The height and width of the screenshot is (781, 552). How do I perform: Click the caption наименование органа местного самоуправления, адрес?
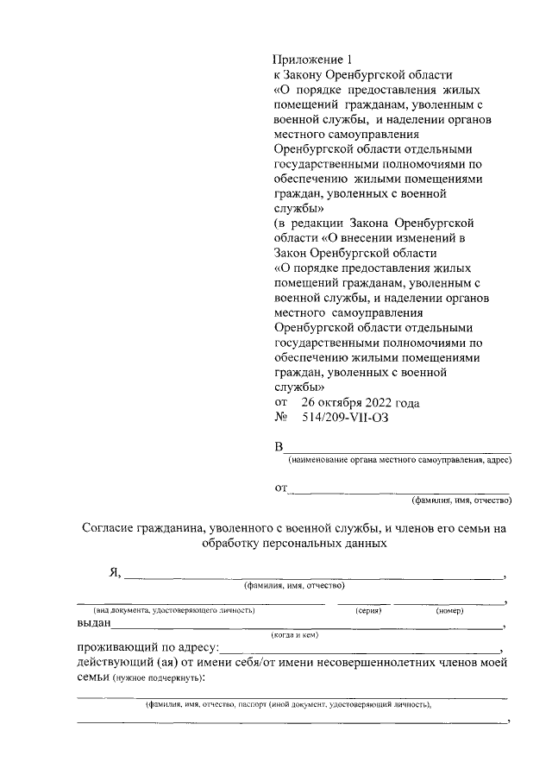400,461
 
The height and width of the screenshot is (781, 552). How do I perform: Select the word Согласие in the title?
113,528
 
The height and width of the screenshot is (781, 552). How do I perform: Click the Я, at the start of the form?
115,573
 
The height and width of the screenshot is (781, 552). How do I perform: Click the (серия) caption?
368,610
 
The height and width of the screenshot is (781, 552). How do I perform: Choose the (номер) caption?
449,610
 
